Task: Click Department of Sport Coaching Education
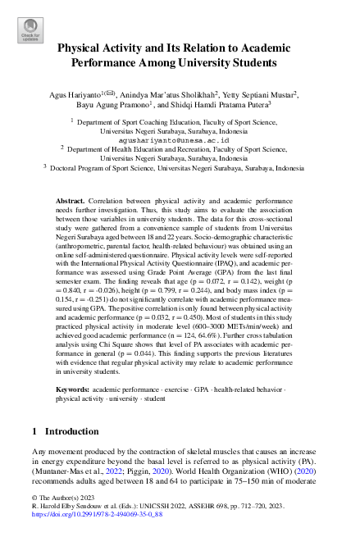point(130,120)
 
